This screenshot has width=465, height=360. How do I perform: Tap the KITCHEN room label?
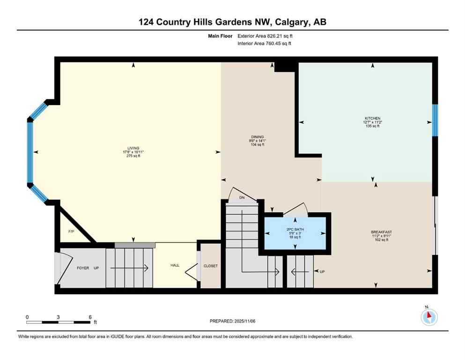[x=373, y=118]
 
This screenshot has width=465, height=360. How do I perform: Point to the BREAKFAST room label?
[x=381, y=232]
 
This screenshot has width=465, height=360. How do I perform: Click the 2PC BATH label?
[x=295, y=229]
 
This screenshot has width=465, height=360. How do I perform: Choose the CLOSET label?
[x=210, y=266]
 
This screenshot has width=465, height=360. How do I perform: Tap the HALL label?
[x=175, y=265]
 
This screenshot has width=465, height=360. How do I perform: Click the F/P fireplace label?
[x=71, y=232]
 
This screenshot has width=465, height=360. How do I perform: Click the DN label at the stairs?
[x=242, y=198]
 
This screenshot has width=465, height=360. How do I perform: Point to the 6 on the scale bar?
[x=89, y=317]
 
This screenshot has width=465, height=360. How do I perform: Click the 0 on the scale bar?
[x=27, y=317]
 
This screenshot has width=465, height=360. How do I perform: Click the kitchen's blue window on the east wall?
[x=435, y=120]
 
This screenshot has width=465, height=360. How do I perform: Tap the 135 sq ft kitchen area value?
[x=373, y=127]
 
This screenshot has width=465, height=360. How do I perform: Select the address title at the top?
[x=232, y=22]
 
